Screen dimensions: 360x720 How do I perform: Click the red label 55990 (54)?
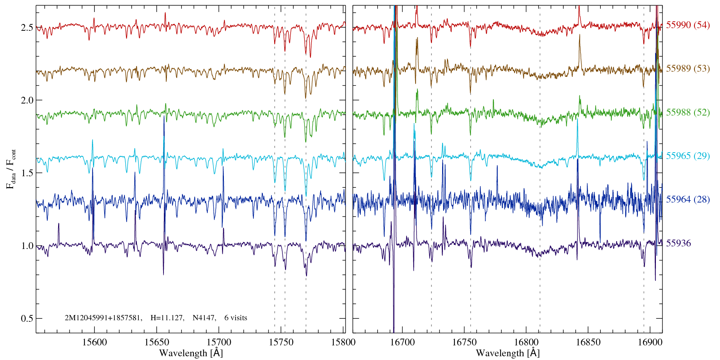coord(688,25)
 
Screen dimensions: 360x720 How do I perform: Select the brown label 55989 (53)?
coord(688,69)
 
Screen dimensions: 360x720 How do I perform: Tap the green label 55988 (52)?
coord(688,112)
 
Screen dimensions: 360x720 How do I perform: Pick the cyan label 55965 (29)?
coord(688,156)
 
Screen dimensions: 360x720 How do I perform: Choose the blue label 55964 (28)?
coord(688,199)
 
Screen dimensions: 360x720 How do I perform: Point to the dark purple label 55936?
coord(678,243)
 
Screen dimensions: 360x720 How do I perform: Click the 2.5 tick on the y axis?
coord(27,28)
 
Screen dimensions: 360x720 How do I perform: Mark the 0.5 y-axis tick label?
coord(27,319)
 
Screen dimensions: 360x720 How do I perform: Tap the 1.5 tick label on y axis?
coord(27,173)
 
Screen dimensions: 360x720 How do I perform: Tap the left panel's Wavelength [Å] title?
coord(191,353)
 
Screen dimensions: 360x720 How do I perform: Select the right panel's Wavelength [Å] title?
coord(508,353)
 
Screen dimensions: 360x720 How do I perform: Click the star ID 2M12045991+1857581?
coord(103,318)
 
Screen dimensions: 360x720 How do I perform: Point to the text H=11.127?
coord(167,318)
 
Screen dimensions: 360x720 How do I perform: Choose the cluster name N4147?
coord(204,318)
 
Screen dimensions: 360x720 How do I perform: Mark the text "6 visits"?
coord(236,318)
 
